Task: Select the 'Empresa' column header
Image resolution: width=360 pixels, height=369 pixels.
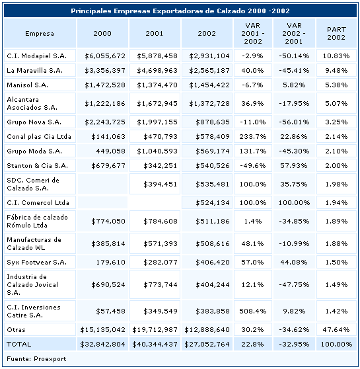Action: [40, 34]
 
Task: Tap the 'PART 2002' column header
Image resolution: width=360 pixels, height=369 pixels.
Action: [336, 34]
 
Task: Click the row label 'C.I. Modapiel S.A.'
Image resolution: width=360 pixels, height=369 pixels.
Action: [37, 56]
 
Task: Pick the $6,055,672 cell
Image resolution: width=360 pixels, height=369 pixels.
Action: [105, 56]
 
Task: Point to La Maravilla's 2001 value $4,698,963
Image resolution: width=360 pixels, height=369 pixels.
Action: [157, 70]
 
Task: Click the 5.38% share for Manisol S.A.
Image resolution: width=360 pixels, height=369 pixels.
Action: [336, 85]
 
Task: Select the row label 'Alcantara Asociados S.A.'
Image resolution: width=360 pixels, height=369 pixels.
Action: [32, 104]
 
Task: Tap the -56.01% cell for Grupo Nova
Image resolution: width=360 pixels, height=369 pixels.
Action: [294, 122]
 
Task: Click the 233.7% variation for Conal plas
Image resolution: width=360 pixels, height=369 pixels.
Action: [253, 136]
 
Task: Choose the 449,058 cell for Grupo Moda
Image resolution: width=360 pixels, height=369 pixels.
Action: [110, 151]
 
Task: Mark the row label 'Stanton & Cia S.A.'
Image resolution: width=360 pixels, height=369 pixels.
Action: [38, 166]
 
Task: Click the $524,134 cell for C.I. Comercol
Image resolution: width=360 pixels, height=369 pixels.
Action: [213, 202]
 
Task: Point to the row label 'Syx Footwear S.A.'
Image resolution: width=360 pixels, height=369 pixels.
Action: [37, 262]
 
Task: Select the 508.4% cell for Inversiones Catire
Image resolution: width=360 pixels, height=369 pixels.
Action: [253, 311]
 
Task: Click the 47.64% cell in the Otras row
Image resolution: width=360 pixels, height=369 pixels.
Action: [336, 329]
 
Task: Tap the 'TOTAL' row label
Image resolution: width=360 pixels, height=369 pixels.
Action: [18, 345]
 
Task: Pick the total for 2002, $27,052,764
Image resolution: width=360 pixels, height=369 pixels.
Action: [207, 345]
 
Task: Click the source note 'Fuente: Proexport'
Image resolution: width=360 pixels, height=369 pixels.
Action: [36, 359]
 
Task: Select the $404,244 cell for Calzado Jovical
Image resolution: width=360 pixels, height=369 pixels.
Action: [213, 285]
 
